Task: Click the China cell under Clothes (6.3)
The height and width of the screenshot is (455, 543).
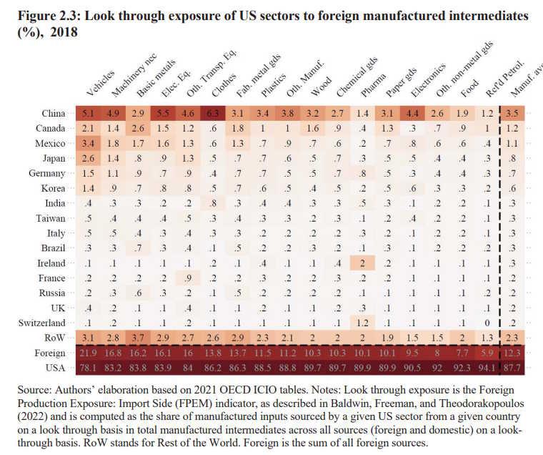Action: point(213,114)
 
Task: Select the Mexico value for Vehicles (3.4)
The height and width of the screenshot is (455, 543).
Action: point(88,143)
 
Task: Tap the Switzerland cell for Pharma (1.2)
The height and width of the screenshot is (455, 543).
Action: point(362,323)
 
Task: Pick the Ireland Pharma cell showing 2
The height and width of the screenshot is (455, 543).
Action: point(362,263)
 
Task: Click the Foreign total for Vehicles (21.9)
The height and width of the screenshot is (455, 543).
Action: point(88,353)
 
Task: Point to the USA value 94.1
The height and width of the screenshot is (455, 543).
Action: point(487,368)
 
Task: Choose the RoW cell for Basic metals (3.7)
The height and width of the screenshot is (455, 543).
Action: point(138,338)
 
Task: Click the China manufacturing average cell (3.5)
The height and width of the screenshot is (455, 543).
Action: point(512,114)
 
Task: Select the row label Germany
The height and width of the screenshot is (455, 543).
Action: point(46,173)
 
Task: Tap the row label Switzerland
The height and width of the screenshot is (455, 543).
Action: point(41,323)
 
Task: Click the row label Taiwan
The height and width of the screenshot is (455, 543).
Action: point(51,218)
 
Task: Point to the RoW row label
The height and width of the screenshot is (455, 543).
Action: point(55,338)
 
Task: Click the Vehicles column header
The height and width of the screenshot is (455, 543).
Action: point(101,83)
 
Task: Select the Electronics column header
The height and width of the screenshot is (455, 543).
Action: point(428,80)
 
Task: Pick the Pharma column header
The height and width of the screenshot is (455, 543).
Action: point(373,86)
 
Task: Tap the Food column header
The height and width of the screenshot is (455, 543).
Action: point(470,88)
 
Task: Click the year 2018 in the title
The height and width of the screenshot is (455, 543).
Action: point(64,32)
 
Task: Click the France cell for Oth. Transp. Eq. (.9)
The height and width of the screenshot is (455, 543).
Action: point(188,278)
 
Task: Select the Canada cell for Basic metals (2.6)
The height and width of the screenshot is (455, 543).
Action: point(138,128)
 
